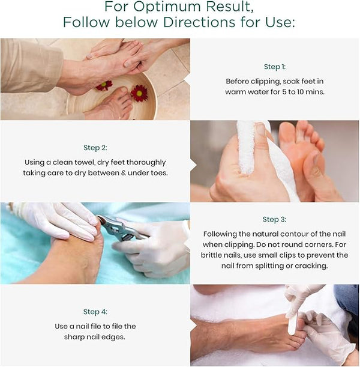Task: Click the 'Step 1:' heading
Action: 275,67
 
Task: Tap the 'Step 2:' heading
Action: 95,148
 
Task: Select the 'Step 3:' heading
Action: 274,219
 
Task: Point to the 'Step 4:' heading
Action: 95,312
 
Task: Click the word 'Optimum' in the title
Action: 167,7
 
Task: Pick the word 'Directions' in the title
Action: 199,22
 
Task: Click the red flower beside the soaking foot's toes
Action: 139,93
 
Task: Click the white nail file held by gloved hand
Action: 293,323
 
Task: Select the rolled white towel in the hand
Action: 245,147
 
